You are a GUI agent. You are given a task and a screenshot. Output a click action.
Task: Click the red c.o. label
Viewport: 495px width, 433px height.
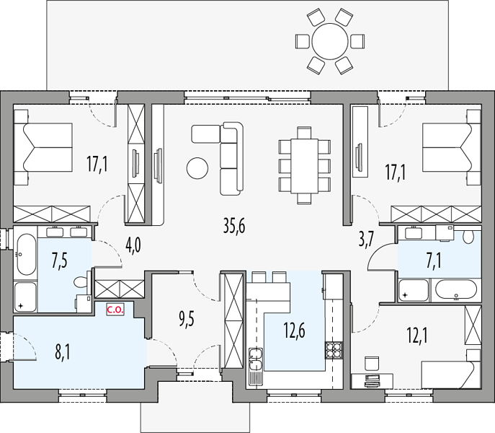pyautogui.click(x=115, y=310)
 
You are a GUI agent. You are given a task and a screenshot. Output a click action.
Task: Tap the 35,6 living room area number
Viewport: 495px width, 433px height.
pyautogui.click(x=234, y=226)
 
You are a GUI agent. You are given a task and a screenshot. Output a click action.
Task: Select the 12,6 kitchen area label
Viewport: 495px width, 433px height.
pyautogui.click(x=294, y=331)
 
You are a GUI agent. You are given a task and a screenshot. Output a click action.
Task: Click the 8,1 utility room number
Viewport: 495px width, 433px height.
pyautogui.click(x=63, y=353)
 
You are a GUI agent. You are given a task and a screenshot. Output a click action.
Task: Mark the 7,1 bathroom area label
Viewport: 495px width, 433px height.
pyautogui.click(x=434, y=262)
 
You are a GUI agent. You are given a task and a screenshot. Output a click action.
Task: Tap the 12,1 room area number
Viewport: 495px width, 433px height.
pyautogui.click(x=417, y=336)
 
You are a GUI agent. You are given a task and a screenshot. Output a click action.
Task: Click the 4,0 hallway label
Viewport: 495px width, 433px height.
pyautogui.click(x=133, y=246)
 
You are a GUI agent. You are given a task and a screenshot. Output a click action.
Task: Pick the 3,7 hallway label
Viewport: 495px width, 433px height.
pyautogui.click(x=366, y=240)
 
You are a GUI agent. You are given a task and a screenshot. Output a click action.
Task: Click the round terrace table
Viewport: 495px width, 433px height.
pyautogui.click(x=330, y=41)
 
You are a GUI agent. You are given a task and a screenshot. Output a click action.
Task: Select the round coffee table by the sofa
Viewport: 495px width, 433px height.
pyautogui.click(x=197, y=168)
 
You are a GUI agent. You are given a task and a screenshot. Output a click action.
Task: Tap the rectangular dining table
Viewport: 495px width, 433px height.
pyautogui.click(x=304, y=166)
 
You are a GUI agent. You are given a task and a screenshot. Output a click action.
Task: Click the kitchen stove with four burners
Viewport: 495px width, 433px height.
pyautogui.click(x=334, y=351)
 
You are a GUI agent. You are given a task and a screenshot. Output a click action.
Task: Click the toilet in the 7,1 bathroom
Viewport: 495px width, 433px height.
pyautogui.click(x=468, y=236)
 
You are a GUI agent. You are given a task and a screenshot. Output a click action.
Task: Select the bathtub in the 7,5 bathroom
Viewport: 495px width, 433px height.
pyautogui.click(x=26, y=254)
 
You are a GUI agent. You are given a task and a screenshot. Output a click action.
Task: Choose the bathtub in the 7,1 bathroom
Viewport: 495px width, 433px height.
pyautogui.click(x=456, y=289)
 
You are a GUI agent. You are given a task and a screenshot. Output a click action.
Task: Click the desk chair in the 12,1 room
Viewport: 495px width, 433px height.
pyautogui.click(x=371, y=363)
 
